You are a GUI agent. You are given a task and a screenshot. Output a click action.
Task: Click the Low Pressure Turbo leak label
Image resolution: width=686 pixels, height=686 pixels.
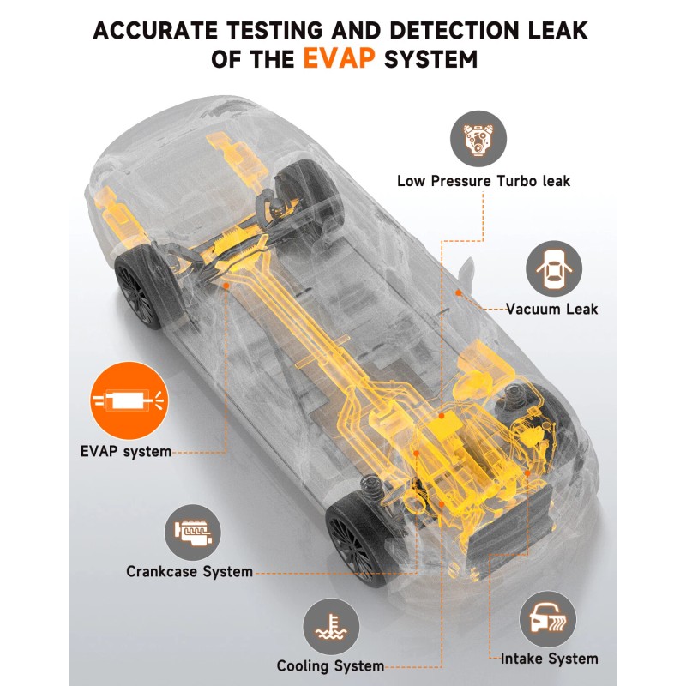point(484,181)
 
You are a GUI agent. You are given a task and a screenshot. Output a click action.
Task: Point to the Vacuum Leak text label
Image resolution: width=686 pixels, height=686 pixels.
point(551,309)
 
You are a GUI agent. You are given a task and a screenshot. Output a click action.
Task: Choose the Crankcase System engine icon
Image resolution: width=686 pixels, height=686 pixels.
point(193,532)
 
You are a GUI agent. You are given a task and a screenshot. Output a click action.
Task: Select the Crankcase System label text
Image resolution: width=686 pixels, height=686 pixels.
point(190,571)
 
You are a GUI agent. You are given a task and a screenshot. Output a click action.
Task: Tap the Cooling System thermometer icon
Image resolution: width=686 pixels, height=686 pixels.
point(329,627)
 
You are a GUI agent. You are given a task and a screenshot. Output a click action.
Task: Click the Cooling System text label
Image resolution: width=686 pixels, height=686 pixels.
point(330,665)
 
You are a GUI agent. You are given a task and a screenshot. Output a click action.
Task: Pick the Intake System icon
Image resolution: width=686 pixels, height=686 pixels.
point(546,618)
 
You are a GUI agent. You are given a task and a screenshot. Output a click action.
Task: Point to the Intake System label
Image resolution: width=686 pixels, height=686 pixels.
point(549,659)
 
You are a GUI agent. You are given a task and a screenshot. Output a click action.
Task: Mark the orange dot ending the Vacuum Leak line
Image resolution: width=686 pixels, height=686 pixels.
point(459,293)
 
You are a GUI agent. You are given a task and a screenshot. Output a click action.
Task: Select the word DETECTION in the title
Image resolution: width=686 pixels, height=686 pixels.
point(442,30)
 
